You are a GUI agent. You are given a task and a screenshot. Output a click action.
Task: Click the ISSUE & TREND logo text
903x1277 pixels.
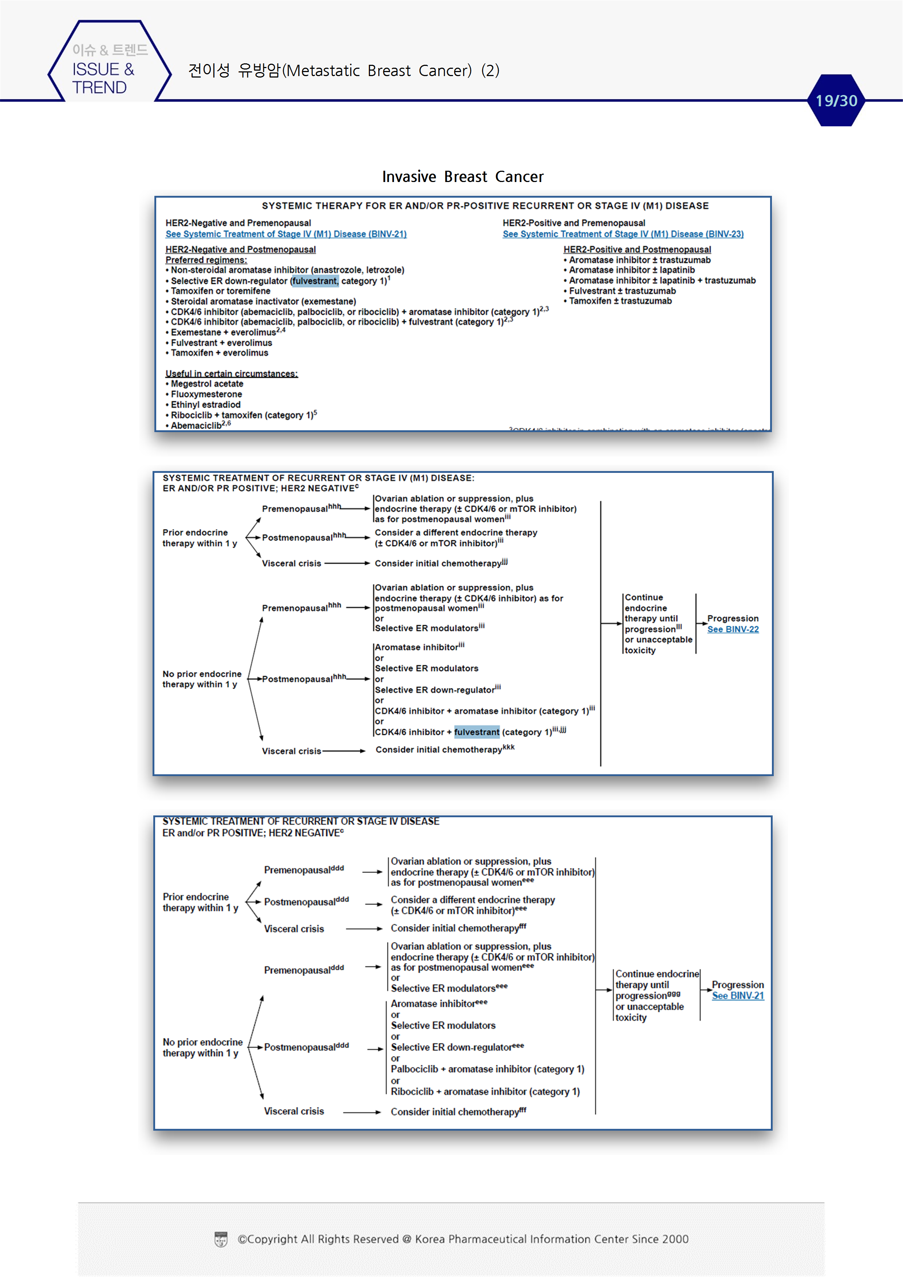click(x=103, y=78)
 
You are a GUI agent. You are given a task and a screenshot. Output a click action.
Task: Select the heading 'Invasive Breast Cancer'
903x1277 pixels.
click(x=462, y=177)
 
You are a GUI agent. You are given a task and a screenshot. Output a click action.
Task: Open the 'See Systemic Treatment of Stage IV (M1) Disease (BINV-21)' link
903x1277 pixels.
click(x=286, y=234)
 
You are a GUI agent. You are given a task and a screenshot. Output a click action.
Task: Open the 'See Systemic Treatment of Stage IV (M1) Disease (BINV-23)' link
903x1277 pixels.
click(x=623, y=234)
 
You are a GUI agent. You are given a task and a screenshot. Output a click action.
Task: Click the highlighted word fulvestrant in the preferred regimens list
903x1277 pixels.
click(x=315, y=281)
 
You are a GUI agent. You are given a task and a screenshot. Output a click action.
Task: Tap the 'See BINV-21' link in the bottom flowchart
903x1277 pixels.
click(x=738, y=996)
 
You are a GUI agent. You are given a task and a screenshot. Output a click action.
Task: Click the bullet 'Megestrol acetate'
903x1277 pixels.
click(x=206, y=384)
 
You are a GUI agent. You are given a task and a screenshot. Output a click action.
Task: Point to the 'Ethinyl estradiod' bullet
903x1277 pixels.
click(x=205, y=404)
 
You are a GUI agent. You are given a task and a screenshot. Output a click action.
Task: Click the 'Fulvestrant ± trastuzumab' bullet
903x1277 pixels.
click(x=622, y=291)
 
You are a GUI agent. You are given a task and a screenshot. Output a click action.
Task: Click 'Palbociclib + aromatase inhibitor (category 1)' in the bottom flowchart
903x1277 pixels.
click(x=487, y=1069)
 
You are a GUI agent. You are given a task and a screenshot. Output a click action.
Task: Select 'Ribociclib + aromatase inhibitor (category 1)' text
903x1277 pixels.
click(x=485, y=1091)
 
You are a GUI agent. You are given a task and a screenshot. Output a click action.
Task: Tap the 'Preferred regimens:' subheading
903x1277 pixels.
click(x=206, y=260)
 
